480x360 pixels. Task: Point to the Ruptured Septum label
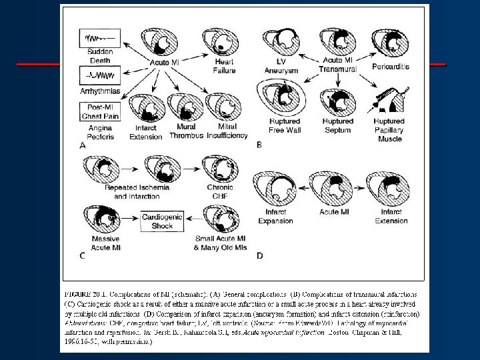point(338,125)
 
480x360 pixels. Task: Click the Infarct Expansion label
point(275,217)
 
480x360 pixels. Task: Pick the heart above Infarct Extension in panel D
point(391,189)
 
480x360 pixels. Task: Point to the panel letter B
point(259,144)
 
